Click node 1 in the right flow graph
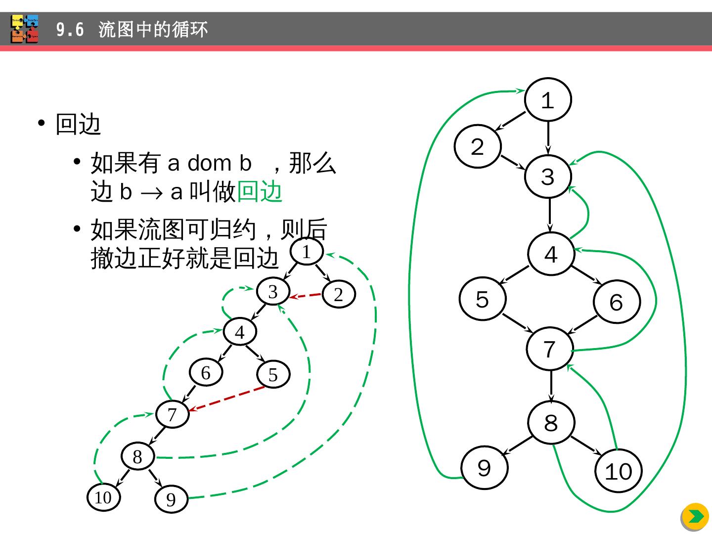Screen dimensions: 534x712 point(548,99)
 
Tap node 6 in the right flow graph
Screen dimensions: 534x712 point(617,301)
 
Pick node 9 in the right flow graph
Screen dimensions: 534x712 point(484,467)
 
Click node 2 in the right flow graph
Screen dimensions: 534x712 point(478,147)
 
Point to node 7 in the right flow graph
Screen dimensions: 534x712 point(550,349)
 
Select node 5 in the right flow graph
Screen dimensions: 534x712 point(483,299)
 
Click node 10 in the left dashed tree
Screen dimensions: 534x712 point(103,497)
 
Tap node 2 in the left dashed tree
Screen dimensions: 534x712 point(339,294)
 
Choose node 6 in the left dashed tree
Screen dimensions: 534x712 point(206,372)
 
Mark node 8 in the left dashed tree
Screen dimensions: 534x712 point(138,456)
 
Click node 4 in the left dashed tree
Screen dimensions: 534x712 point(240,332)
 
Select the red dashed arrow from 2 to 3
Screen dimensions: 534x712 point(306,295)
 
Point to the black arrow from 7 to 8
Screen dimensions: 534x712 point(551,386)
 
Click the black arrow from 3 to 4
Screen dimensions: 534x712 point(549,215)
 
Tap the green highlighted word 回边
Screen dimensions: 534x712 point(260,192)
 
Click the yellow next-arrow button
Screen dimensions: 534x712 point(695,517)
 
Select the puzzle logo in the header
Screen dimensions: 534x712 point(25,29)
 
